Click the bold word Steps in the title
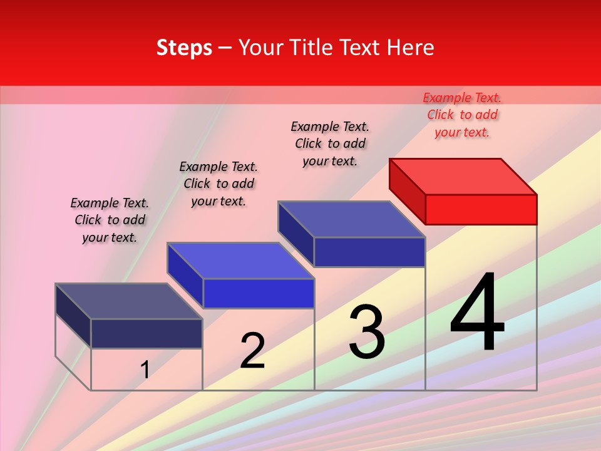[x=184, y=48]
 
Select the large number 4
[x=477, y=313]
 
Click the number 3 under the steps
[x=366, y=332]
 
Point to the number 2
[x=252, y=351]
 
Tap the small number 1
[x=145, y=370]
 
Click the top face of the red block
[x=462, y=176]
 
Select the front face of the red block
[x=481, y=209]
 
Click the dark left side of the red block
[x=407, y=190]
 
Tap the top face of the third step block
[x=351, y=219]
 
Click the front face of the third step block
[x=369, y=252]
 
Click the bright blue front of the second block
[x=258, y=293]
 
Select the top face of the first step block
[x=128, y=301]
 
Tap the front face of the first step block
[x=146, y=333]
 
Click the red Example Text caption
[x=462, y=115]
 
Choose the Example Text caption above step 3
[x=330, y=143]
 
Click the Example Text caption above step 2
[x=218, y=184]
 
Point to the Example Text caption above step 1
[x=110, y=220]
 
